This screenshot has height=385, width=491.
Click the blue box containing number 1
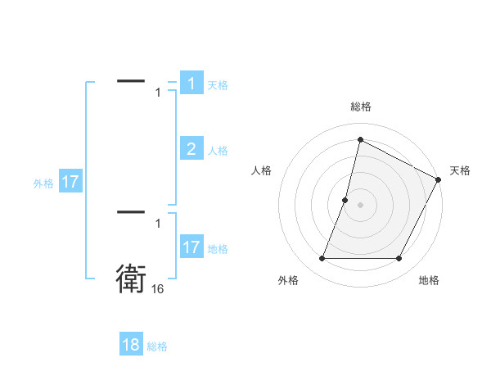pos(191,84)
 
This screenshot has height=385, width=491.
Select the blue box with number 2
pos(191,148)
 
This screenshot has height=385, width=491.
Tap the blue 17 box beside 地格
pos(191,247)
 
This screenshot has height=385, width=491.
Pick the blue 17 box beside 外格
pos(70,182)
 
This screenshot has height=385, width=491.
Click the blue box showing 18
pos(131,345)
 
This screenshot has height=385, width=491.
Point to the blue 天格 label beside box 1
pos(218,84)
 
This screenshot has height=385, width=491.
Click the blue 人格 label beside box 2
pos(218,151)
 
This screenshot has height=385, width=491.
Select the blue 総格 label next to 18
pos(157,346)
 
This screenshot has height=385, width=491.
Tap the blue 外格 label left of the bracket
pos(43,183)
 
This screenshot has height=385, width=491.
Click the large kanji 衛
pos(131,279)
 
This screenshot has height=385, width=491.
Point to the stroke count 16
pos(157,289)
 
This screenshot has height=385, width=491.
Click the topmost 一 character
pos(131,80)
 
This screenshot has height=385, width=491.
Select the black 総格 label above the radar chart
pos(360,106)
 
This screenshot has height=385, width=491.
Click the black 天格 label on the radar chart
pos(460,170)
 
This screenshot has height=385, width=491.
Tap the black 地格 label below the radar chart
pos(429,281)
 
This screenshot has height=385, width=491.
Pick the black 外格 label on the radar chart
pos(288,281)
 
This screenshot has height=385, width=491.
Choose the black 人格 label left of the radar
pos(262,170)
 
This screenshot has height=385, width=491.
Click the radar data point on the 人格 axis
pos(345,200)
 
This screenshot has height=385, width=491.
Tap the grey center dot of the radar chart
pos(360,205)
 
